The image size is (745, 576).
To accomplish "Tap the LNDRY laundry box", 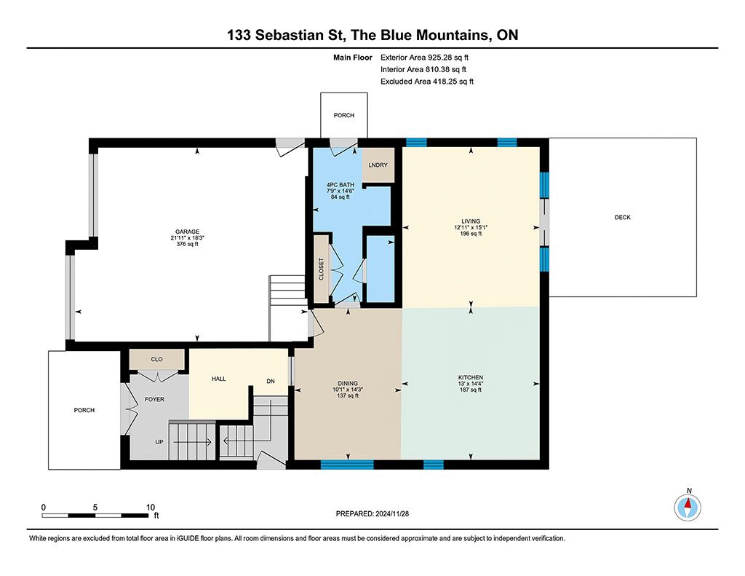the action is (378, 165).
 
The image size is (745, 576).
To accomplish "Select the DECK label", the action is (623, 218).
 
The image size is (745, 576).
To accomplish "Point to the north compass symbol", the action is (688, 507).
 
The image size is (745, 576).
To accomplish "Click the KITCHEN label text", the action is (471, 378).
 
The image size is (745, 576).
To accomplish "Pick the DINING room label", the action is (348, 383).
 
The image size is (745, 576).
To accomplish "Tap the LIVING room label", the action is (471, 221).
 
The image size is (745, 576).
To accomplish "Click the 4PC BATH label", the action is (340, 184).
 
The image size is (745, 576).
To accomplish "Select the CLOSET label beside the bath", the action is (321, 269).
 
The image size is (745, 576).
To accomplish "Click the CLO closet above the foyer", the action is (157, 359).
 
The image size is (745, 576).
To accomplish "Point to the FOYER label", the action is (154, 400).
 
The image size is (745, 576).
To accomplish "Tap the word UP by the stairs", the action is (159, 442).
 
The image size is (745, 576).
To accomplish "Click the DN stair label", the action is (271, 382).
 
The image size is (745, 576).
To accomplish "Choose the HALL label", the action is (218, 379).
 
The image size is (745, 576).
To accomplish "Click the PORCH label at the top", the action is (344, 115).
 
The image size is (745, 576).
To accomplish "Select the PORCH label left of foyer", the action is (84, 410).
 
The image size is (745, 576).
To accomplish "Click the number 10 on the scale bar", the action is (150, 508).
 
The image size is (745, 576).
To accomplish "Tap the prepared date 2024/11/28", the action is (392, 513).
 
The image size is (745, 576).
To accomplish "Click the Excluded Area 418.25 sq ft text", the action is (427, 82).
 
